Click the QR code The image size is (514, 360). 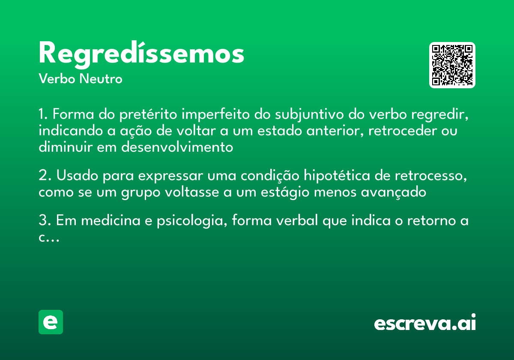click(452, 65)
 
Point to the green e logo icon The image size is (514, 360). click(51, 322)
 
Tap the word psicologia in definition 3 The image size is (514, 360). click(188, 222)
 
